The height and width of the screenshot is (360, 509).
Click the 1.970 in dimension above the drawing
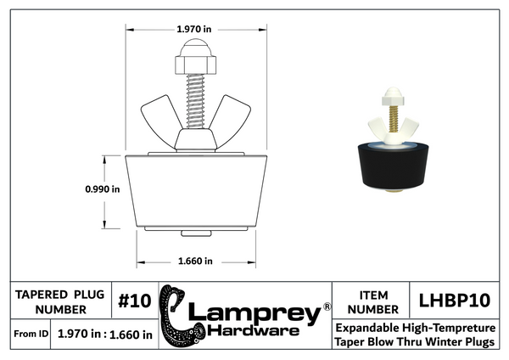(x=194, y=29)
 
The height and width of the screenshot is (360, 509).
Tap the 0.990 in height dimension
(x=102, y=190)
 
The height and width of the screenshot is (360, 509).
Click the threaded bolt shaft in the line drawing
(x=193, y=99)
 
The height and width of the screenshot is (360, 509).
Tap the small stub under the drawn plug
(x=193, y=233)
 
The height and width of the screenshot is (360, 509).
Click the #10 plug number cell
(x=133, y=301)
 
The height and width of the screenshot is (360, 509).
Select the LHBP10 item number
(x=456, y=301)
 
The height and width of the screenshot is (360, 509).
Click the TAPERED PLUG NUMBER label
(x=60, y=301)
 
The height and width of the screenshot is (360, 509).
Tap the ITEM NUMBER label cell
(x=370, y=301)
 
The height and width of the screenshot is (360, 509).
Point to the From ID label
(x=30, y=334)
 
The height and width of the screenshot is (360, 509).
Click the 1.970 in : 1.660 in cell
(x=104, y=334)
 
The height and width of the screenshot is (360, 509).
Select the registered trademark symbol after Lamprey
(x=327, y=303)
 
